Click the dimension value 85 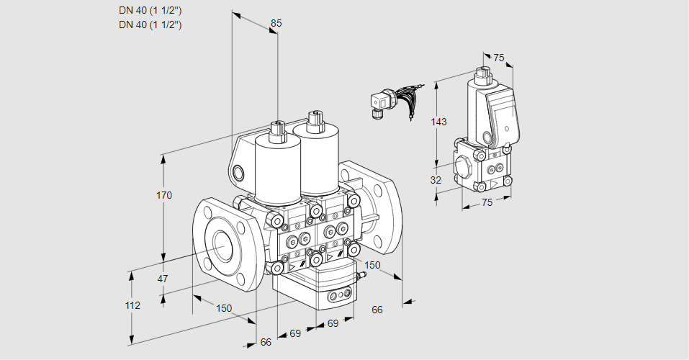[x=275, y=24]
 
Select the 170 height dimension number [x=165, y=195]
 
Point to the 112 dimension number [x=132, y=305]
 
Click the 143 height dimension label [x=438, y=122]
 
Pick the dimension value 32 [x=436, y=180]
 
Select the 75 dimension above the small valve [x=499, y=58]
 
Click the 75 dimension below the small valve [x=487, y=202]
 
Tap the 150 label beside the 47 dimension [x=224, y=308]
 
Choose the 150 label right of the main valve [x=372, y=265]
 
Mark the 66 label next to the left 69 [x=266, y=342]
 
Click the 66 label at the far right [x=377, y=310]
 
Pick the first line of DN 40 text [x=150, y=10]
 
